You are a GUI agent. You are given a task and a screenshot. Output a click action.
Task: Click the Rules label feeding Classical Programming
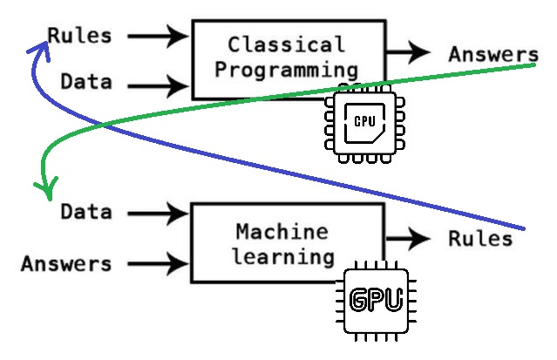tap(79, 36)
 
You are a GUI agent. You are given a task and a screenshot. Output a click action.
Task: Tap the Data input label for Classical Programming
tap(86, 81)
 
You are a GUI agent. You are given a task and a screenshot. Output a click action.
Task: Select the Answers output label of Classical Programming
tap(493, 55)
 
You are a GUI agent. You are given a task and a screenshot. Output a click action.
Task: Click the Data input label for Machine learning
tap(86, 212)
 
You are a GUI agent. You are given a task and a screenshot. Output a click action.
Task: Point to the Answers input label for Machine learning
tap(66, 264)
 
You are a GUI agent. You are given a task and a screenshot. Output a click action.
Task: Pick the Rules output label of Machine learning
tap(480, 239)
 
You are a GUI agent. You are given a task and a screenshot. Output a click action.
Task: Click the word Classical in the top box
tap(286, 44)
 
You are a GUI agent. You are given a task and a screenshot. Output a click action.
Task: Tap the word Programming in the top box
tap(286, 70)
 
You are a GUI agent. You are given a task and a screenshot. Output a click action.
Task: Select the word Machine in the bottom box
tap(282, 232)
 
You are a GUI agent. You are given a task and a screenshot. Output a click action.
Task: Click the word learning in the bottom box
tap(283, 256)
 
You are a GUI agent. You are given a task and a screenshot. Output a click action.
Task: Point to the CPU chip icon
tap(365, 123)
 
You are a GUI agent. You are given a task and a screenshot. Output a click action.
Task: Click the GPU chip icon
tap(376, 301)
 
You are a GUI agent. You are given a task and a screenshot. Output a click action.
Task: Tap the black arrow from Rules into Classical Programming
tap(158, 36)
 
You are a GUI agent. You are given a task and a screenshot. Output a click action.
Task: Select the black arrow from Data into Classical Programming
tap(158, 86)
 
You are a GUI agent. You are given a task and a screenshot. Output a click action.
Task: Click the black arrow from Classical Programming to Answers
tap(408, 52)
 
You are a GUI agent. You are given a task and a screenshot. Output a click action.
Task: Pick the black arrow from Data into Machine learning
tap(158, 214)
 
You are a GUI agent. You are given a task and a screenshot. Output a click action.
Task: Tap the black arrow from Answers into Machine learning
tap(158, 264)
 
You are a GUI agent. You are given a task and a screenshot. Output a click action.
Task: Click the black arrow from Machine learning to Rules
tap(408, 239)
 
